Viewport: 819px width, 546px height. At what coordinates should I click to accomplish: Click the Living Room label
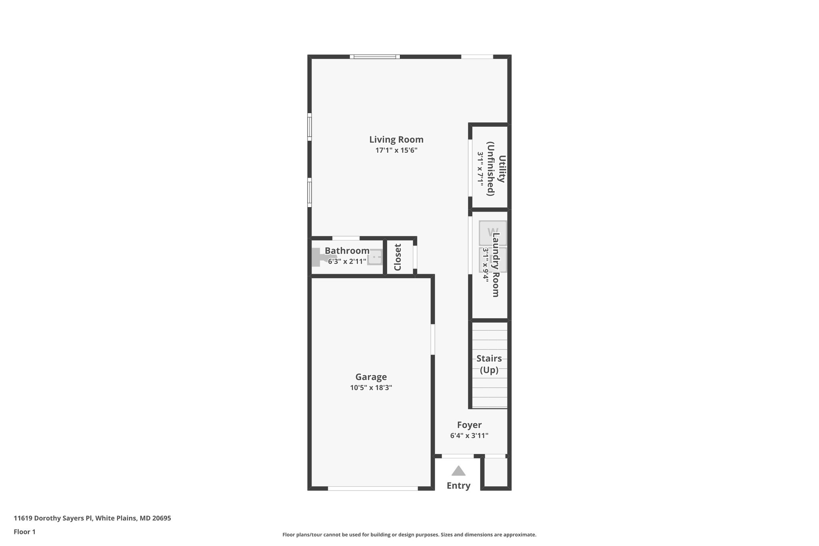pyautogui.click(x=396, y=140)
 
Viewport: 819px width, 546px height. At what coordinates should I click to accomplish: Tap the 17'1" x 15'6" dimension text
pyautogui.click(x=396, y=150)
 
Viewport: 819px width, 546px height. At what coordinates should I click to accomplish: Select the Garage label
pyautogui.click(x=371, y=377)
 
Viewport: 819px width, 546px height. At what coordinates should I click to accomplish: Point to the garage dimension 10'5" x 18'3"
pyautogui.click(x=371, y=388)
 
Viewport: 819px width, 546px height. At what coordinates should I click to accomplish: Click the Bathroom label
pyautogui.click(x=347, y=251)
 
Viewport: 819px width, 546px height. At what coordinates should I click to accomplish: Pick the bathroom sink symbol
pyautogui.click(x=375, y=257)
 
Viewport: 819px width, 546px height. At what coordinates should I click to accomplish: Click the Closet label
pyautogui.click(x=398, y=257)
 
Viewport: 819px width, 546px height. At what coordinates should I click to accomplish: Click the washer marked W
pyautogui.click(x=492, y=232)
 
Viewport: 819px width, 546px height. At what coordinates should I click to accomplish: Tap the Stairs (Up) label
pyautogui.click(x=489, y=364)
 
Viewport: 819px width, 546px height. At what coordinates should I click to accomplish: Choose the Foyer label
pyautogui.click(x=469, y=425)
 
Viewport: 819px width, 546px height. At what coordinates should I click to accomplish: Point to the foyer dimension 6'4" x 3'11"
pyautogui.click(x=469, y=436)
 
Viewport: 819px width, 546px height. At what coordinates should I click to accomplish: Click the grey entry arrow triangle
pyautogui.click(x=458, y=471)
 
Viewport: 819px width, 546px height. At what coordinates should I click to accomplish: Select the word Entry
pyautogui.click(x=458, y=486)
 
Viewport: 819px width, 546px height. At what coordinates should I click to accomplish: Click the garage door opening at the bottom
pyautogui.click(x=373, y=488)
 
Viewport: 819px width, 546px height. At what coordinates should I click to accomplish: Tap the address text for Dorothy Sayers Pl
pyautogui.click(x=92, y=518)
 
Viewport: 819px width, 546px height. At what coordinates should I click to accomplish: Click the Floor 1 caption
pyautogui.click(x=25, y=532)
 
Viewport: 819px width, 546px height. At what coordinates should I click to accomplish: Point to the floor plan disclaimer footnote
pyautogui.click(x=409, y=534)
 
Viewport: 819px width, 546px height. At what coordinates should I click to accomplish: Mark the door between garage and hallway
pyautogui.click(x=433, y=339)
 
